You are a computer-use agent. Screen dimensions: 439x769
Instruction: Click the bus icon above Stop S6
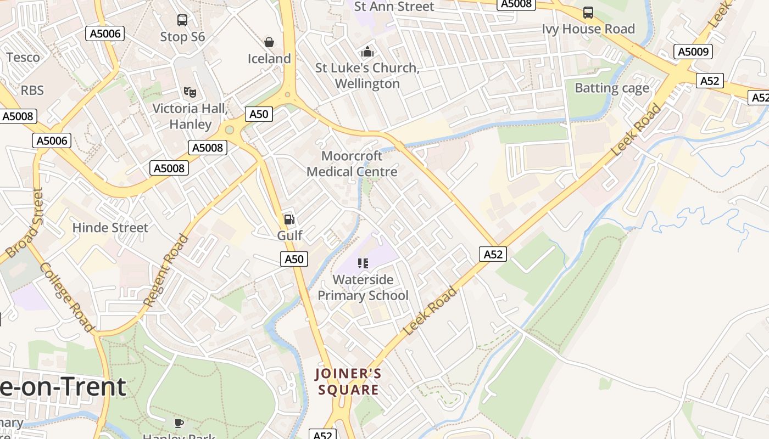pos(182,20)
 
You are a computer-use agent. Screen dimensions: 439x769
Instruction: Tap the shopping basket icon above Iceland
pos(269,42)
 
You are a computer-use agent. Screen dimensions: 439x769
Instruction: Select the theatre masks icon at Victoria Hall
pos(190,92)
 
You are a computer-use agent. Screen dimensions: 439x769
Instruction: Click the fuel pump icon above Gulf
pos(289,219)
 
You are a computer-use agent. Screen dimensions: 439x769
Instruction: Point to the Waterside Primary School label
pos(363,288)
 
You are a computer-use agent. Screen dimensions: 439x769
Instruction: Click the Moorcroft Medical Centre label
pos(352,164)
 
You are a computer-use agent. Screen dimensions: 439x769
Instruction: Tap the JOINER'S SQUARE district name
pos(348,382)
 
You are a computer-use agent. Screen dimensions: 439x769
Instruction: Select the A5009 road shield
pos(693,52)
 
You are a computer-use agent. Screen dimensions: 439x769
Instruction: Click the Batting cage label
pos(611,88)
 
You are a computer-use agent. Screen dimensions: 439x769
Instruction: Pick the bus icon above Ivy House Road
pos(588,12)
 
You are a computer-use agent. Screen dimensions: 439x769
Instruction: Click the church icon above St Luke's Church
pos(367,52)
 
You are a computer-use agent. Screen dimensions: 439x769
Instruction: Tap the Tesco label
pos(23,57)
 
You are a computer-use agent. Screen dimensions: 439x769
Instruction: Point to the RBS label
pos(32,90)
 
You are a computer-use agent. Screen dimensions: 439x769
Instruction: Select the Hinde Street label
pos(110,227)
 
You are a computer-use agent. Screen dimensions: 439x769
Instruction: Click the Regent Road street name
pos(166,270)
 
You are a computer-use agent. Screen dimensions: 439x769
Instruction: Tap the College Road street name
pos(66,297)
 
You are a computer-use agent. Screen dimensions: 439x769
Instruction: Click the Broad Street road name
pos(24,223)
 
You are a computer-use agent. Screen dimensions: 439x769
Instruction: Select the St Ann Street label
pos(394,7)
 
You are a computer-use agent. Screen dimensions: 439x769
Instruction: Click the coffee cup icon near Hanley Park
pos(179,423)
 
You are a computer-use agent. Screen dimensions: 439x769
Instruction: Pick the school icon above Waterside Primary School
pos(363,263)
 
